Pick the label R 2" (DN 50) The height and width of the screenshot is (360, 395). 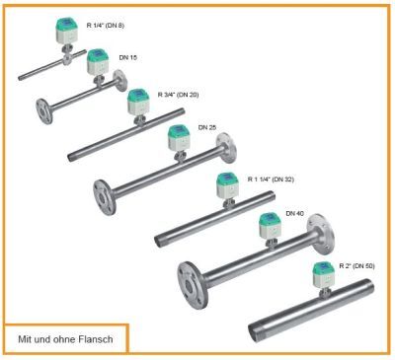pyautogui.click(x=357, y=266)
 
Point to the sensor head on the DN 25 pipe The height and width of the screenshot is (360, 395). pyautogui.click(x=180, y=139)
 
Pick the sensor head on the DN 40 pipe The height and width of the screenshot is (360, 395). pyautogui.click(x=268, y=226)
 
